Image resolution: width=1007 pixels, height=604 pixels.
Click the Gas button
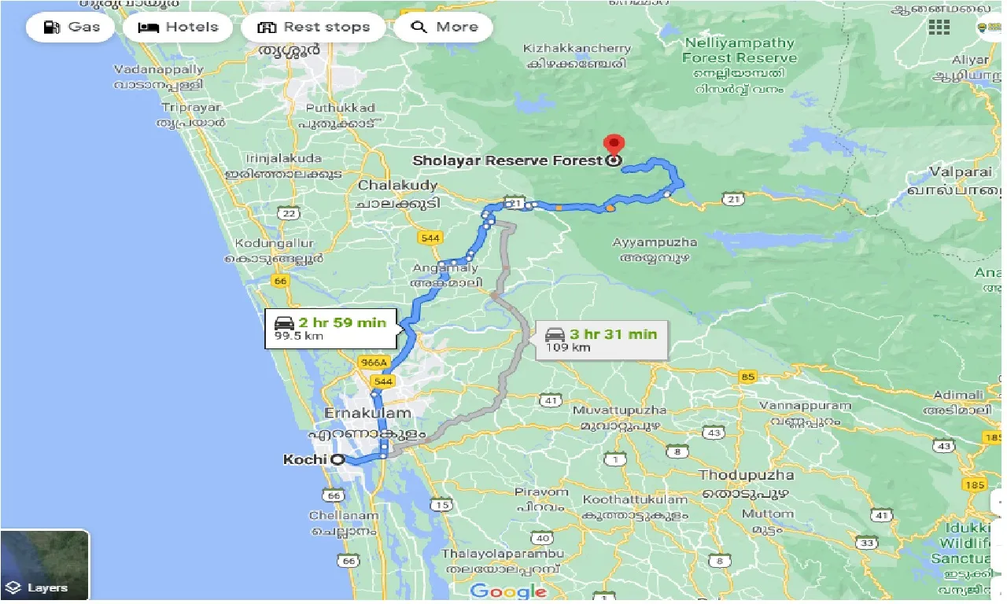[70, 28]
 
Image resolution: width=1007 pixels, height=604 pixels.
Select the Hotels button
[179, 28]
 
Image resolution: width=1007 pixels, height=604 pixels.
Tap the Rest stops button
[313, 28]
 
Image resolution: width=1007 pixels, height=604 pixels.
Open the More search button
[444, 28]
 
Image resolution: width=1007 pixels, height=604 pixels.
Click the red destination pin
[613, 145]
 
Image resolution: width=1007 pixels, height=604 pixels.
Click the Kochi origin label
[304, 459]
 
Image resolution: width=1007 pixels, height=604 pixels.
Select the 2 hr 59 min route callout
[330, 328]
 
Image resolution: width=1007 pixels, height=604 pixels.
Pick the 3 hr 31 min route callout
[602, 340]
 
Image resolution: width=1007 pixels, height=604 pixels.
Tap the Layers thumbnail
[45, 565]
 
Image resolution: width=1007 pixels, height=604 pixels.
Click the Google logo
[508, 591]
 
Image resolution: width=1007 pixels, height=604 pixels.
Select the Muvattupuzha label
[619, 411]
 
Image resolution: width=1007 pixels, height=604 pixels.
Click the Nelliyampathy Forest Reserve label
[739, 50]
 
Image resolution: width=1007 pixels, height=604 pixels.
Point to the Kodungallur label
[270, 244]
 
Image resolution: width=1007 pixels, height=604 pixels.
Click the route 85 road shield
[747, 377]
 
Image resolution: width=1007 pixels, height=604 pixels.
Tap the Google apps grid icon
[939, 28]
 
